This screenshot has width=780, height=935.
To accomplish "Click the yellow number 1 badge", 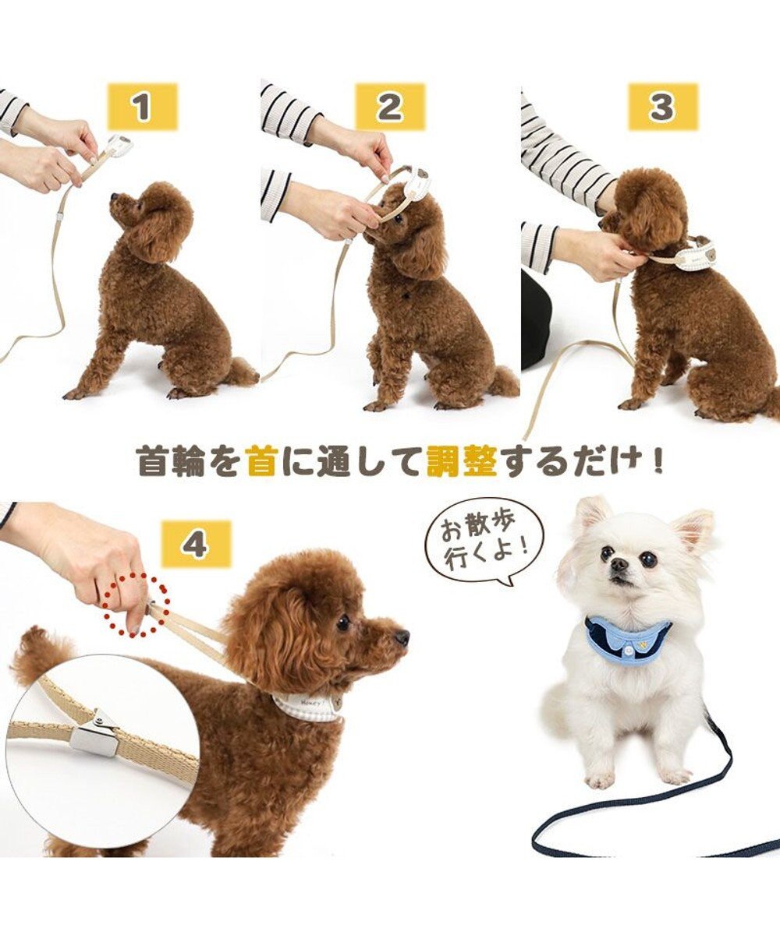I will coord(142,107).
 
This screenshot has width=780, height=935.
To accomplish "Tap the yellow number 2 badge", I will coord(390,107).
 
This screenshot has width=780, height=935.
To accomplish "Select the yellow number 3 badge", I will coord(661,107).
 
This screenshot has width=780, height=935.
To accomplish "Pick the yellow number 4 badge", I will coord(196,543).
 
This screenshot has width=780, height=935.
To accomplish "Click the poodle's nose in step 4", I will coord(402,638).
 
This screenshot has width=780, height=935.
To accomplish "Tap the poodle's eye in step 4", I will coord(343,622).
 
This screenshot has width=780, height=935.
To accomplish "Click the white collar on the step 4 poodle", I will coord(308,706).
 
